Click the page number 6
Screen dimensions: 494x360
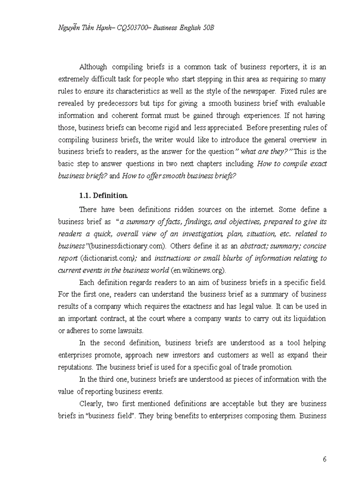coord(325,460)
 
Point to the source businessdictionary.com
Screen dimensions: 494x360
coord(135,246)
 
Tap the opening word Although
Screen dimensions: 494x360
coord(93,67)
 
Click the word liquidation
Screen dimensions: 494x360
coord(307,319)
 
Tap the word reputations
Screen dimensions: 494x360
coord(77,367)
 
